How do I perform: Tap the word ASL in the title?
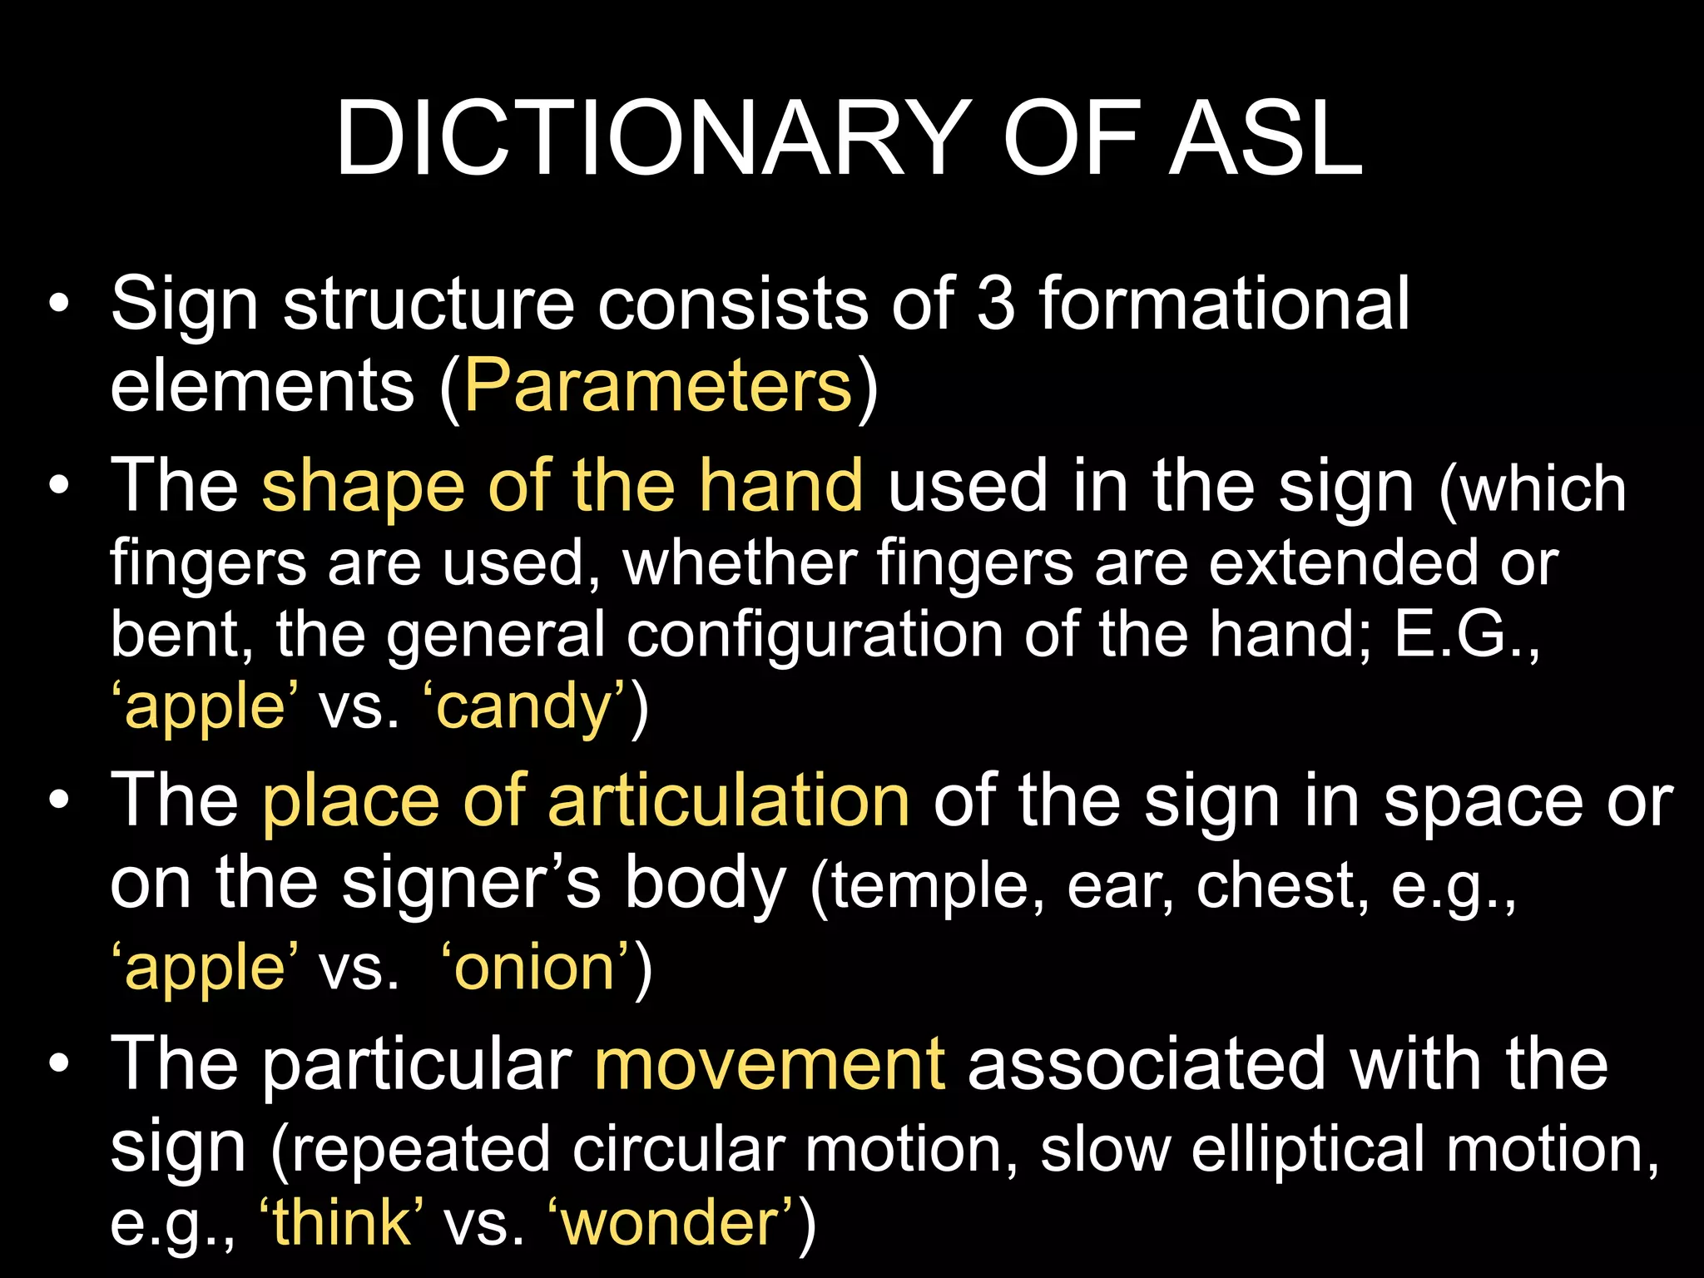1266,139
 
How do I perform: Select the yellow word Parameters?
658,385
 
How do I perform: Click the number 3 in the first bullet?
996,304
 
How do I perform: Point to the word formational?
1224,304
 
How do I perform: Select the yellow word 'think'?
342,1222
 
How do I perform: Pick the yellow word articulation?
729,801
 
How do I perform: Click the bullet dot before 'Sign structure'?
59,305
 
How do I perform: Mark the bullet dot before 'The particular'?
59,1065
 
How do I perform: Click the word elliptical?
1307,1149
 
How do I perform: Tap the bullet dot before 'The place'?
59,801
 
